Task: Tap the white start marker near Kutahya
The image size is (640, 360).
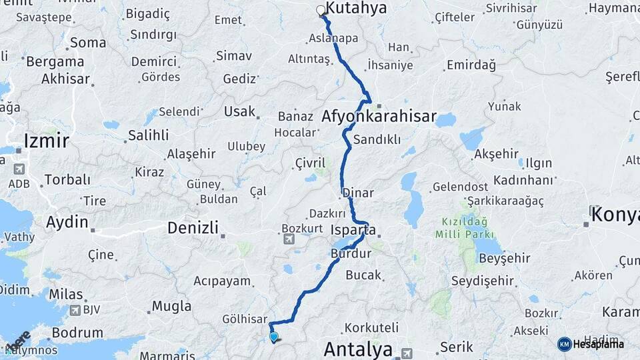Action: (x=321, y=11)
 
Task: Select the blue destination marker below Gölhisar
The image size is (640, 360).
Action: (x=273, y=337)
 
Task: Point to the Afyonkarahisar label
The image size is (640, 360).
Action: (x=379, y=117)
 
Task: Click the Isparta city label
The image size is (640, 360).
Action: (x=353, y=231)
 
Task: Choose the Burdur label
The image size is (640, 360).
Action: (x=351, y=253)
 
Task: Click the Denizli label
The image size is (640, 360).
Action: (x=193, y=228)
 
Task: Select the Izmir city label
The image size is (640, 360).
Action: (x=46, y=141)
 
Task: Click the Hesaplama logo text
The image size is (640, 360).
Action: (x=598, y=344)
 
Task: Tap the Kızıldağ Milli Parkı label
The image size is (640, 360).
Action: (x=465, y=228)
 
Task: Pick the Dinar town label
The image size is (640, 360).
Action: (x=358, y=193)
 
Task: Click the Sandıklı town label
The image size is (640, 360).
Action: (x=377, y=140)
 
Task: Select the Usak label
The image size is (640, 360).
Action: (x=239, y=111)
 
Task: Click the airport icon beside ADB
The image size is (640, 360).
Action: (x=18, y=169)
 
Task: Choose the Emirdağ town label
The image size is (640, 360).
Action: (x=471, y=65)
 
